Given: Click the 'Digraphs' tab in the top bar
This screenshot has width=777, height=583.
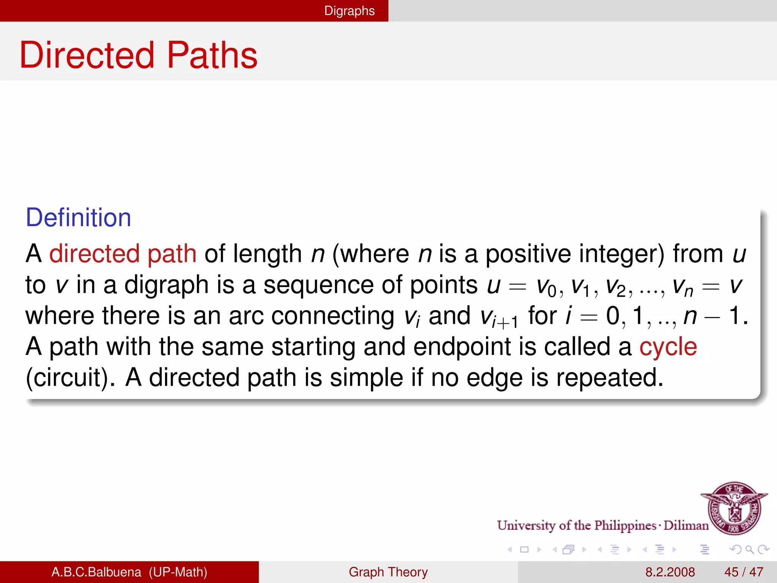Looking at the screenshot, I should coord(349,11).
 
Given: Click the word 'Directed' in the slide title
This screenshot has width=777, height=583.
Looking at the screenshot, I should coord(87,55).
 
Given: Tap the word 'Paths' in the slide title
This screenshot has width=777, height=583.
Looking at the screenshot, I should coord(212,55).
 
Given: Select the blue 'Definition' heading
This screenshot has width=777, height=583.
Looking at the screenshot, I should coord(78,217).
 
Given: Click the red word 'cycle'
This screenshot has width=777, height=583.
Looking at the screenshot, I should coord(668,347).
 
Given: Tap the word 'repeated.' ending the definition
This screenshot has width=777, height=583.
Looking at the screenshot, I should coord(610,378).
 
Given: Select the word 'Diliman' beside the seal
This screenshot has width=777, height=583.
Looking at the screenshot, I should coord(686,525).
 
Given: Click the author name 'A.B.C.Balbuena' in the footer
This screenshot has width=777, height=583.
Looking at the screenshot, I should coord(96,572).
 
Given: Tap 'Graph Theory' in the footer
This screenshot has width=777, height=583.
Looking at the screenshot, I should coord(388,572).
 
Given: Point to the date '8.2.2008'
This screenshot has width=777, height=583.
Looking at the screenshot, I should coord(670,572).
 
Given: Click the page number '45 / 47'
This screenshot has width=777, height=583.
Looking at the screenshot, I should coord(744,572).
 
